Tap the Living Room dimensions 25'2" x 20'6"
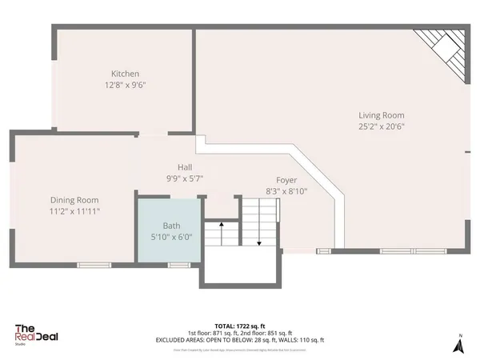tap(382, 126)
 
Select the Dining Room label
tap(74, 200)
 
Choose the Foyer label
tap(286, 180)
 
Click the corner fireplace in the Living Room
tap(442, 50)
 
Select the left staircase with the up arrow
tap(214, 236)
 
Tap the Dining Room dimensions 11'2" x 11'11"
tap(74, 211)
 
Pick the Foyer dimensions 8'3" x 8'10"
tap(286, 191)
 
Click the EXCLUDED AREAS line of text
tap(240, 339)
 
